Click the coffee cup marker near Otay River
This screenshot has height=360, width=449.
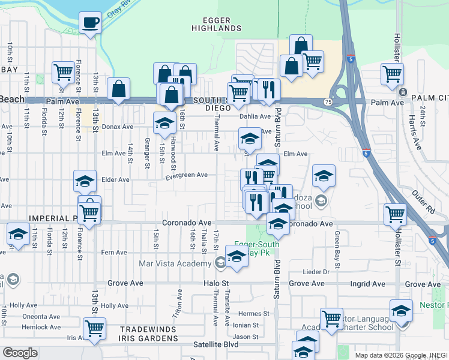pyautogui.click(x=90, y=23)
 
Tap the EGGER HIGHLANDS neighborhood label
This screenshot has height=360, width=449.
pyautogui.click(x=216, y=24)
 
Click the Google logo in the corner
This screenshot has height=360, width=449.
pyautogui.click(x=20, y=353)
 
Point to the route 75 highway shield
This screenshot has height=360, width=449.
pyautogui.click(x=328, y=103)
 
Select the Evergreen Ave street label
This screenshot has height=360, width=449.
pyautogui.click(x=187, y=175)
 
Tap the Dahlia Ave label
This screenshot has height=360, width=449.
pyautogui.click(x=252, y=117)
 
